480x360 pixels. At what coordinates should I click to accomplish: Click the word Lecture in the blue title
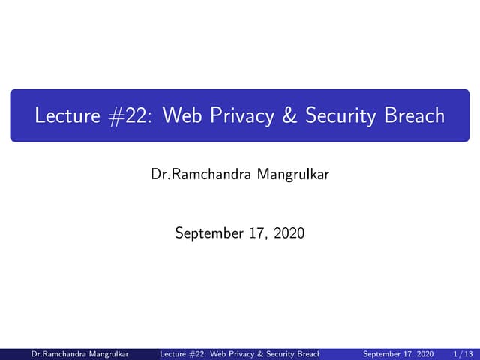click(66, 116)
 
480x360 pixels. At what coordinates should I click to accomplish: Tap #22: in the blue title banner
click(131, 116)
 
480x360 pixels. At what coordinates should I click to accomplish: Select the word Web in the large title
click(184, 116)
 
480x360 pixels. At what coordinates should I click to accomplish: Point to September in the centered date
click(208, 233)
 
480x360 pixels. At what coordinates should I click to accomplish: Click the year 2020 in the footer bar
click(424, 353)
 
